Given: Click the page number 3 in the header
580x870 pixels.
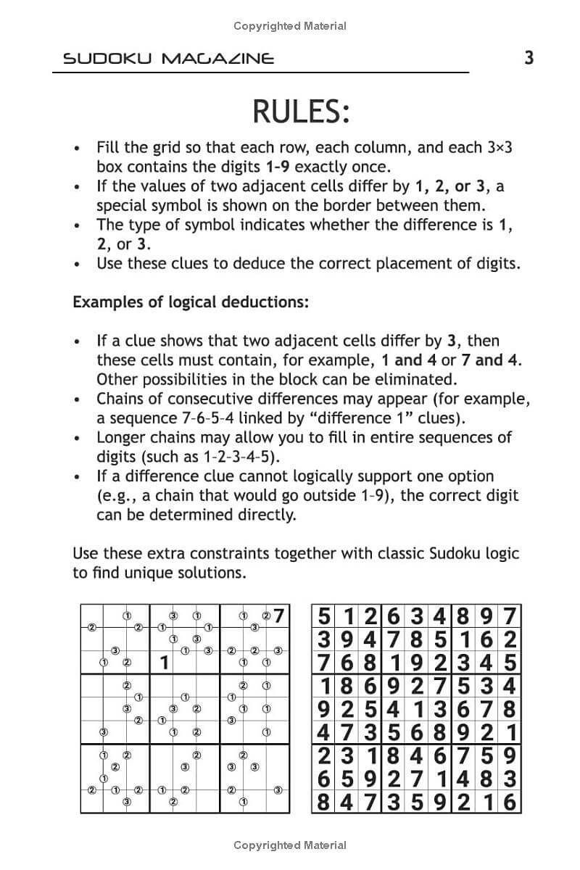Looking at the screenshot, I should point(529,57).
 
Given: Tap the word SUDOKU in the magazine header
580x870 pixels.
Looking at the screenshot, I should point(107,59).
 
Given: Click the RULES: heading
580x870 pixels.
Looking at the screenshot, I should point(301,112).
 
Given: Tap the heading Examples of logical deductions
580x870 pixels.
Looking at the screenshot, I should point(191,302).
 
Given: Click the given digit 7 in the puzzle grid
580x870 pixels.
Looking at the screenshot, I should point(280,616).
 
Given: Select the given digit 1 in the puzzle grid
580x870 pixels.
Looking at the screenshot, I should point(164,662).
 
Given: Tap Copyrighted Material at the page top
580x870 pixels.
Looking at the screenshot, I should point(290,26).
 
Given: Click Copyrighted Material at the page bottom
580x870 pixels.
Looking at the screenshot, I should point(290,845).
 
